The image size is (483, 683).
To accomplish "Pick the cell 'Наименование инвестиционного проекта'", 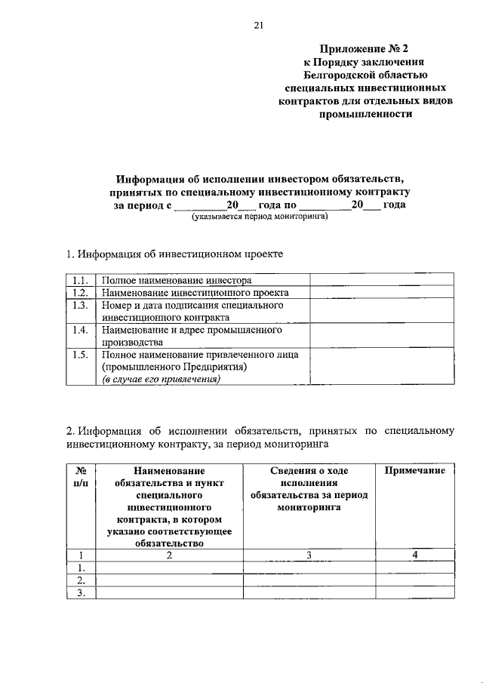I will pos(195,292).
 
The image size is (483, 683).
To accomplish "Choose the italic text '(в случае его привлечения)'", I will pos(162,380).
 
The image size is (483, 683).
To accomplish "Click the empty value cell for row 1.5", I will pos(382,367).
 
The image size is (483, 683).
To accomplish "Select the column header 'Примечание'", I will pos(414,470).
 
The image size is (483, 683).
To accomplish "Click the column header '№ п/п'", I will pos(82,476).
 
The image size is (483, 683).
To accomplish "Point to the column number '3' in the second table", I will pos(309,555).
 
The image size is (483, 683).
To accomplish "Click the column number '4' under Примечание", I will pos(414,555).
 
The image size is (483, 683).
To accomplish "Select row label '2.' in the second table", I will pos(81,580).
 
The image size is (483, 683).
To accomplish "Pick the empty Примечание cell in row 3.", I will pos(414,592).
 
